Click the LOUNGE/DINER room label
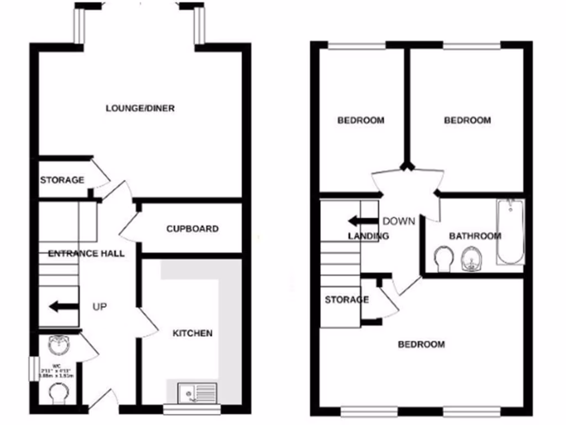click(x=140, y=108)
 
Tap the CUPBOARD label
click(x=192, y=229)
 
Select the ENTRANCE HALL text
click(x=86, y=253)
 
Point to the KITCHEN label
click(x=192, y=333)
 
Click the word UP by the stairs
click(x=99, y=306)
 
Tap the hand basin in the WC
click(x=57, y=345)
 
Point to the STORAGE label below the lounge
click(x=62, y=180)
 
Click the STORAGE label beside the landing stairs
click(x=347, y=300)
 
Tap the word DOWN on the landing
click(x=399, y=221)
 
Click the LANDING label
click(x=368, y=236)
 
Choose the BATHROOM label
click(x=475, y=236)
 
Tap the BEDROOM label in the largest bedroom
click(x=421, y=344)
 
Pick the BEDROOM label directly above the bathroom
click(x=467, y=120)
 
